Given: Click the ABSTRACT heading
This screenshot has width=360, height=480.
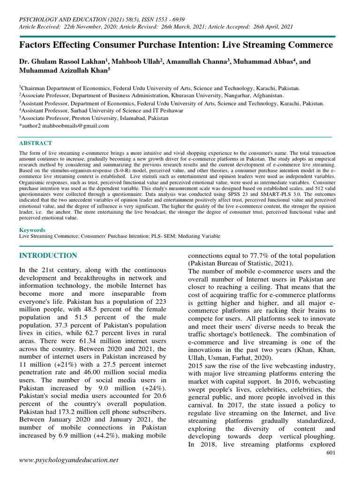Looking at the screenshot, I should pos(35,143).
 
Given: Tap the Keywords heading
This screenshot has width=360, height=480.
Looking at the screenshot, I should pos(32,230).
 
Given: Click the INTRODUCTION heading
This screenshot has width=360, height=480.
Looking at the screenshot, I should pos(48,255).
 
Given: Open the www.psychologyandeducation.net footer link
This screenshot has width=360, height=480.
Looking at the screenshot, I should pos(68,461).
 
